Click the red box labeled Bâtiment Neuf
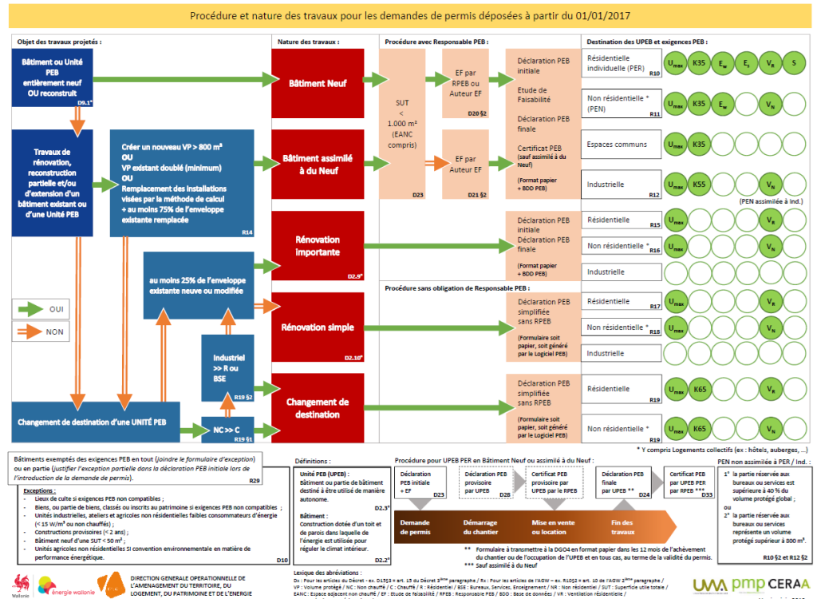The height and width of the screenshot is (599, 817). [318, 82]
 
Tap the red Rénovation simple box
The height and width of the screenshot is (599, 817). [318, 327]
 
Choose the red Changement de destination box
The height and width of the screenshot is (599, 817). [318, 407]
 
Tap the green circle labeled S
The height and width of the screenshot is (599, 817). [795, 63]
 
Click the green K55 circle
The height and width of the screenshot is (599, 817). [701, 184]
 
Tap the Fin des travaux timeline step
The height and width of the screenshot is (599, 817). [622, 526]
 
